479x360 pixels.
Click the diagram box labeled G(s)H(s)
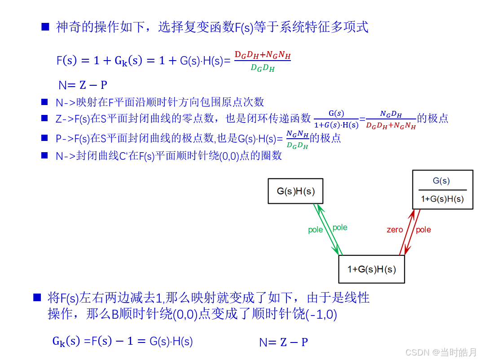(295, 191)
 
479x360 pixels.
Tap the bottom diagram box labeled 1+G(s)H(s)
(371, 269)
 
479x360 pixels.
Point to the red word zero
(395, 230)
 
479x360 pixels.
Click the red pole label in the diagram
(423, 230)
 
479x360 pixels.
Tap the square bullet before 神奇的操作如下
(45, 27)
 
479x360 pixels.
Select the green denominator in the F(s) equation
(263, 68)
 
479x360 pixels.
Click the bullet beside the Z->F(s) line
(44, 119)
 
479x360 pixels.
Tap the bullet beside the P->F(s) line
(44, 137)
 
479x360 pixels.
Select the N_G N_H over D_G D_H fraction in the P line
(297, 139)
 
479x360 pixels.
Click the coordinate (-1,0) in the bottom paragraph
(321, 314)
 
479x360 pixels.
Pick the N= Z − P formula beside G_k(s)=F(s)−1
(283, 342)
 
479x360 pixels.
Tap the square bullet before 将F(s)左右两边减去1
(37, 297)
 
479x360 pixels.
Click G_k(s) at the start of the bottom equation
(66, 342)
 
